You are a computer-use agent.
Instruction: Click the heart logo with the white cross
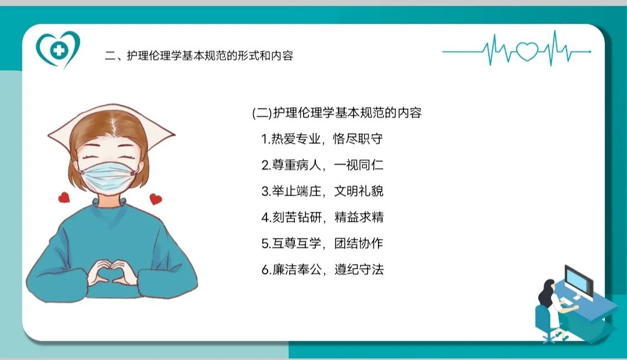click(x=58, y=49)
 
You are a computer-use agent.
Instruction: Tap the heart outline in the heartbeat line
click(x=527, y=51)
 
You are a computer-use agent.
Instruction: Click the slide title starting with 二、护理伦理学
click(x=199, y=56)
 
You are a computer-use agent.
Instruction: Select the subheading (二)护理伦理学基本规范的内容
click(x=337, y=113)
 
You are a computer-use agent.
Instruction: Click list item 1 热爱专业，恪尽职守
click(x=322, y=139)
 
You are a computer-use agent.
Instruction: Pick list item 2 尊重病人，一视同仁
click(x=322, y=165)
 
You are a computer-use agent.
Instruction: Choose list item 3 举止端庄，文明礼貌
click(x=322, y=191)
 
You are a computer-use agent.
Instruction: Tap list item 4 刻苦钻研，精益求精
click(x=322, y=217)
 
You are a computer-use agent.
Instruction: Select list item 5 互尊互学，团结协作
click(x=322, y=243)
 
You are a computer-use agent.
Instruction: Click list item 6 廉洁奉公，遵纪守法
click(x=322, y=269)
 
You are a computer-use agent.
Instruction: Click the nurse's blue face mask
click(x=108, y=176)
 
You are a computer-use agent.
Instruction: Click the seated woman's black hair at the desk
click(x=545, y=293)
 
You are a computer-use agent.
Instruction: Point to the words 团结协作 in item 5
click(x=359, y=243)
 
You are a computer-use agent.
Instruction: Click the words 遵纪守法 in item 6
click(x=359, y=269)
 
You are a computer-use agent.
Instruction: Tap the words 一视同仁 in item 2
click(x=359, y=165)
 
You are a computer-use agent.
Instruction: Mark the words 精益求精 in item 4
click(x=359, y=217)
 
